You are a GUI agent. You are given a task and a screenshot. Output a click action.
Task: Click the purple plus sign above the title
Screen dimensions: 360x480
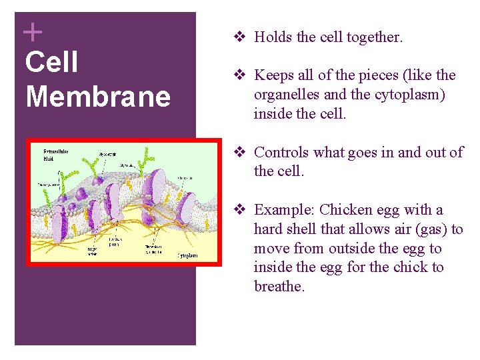click(32, 31)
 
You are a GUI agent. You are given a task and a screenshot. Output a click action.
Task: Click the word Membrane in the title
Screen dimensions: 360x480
click(98, 97)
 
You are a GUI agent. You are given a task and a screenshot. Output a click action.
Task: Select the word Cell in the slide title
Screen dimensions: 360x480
click(51, 63)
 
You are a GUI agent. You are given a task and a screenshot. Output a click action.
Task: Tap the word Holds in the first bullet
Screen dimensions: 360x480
click(274, 37)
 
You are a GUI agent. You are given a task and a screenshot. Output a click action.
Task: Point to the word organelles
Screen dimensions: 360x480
click(287, 95)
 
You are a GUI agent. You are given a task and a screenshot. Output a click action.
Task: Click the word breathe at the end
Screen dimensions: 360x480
click(279, 287)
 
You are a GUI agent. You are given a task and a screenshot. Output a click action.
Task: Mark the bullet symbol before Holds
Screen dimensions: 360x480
click(242, 37)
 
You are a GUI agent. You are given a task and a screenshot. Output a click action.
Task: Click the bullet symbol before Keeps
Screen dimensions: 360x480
click(242, 75)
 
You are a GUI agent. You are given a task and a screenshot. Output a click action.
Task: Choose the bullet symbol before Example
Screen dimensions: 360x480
click(242, 210)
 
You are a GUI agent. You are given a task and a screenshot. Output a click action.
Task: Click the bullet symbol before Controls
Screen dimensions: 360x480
click(242, 153)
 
